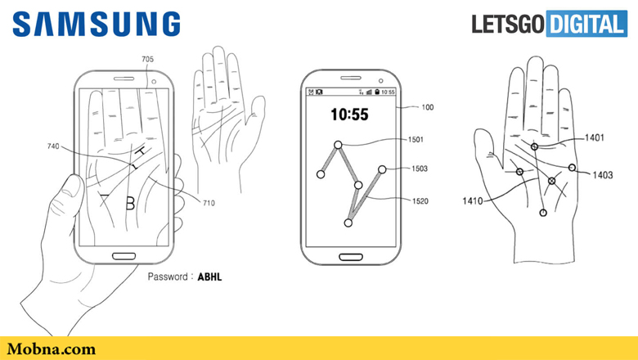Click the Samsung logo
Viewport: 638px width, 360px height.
(97, 24)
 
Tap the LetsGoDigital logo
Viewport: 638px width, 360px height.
(550, 24)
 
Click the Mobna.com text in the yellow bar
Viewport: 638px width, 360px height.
(52, 349)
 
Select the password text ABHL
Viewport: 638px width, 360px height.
(209, 277)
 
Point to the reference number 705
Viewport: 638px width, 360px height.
(148, 60)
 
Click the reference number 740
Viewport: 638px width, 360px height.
(53, 146)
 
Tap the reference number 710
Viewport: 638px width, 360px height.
(209, 203)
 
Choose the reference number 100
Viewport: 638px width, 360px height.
(427, 107)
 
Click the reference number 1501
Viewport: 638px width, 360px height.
(416, 140)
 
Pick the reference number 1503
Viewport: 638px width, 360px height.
(420, 169)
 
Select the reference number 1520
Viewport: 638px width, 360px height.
(420, 201)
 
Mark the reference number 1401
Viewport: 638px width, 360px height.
(595, 138)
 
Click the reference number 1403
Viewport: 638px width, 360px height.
(603, 175)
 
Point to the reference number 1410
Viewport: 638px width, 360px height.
(473, 201)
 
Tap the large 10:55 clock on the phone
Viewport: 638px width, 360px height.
(349, 115)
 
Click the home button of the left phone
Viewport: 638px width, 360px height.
(124, 256)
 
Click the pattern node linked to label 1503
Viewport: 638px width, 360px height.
(382, 169)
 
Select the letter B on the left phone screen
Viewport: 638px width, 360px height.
(130, 203)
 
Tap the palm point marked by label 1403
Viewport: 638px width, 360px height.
(572, 167)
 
